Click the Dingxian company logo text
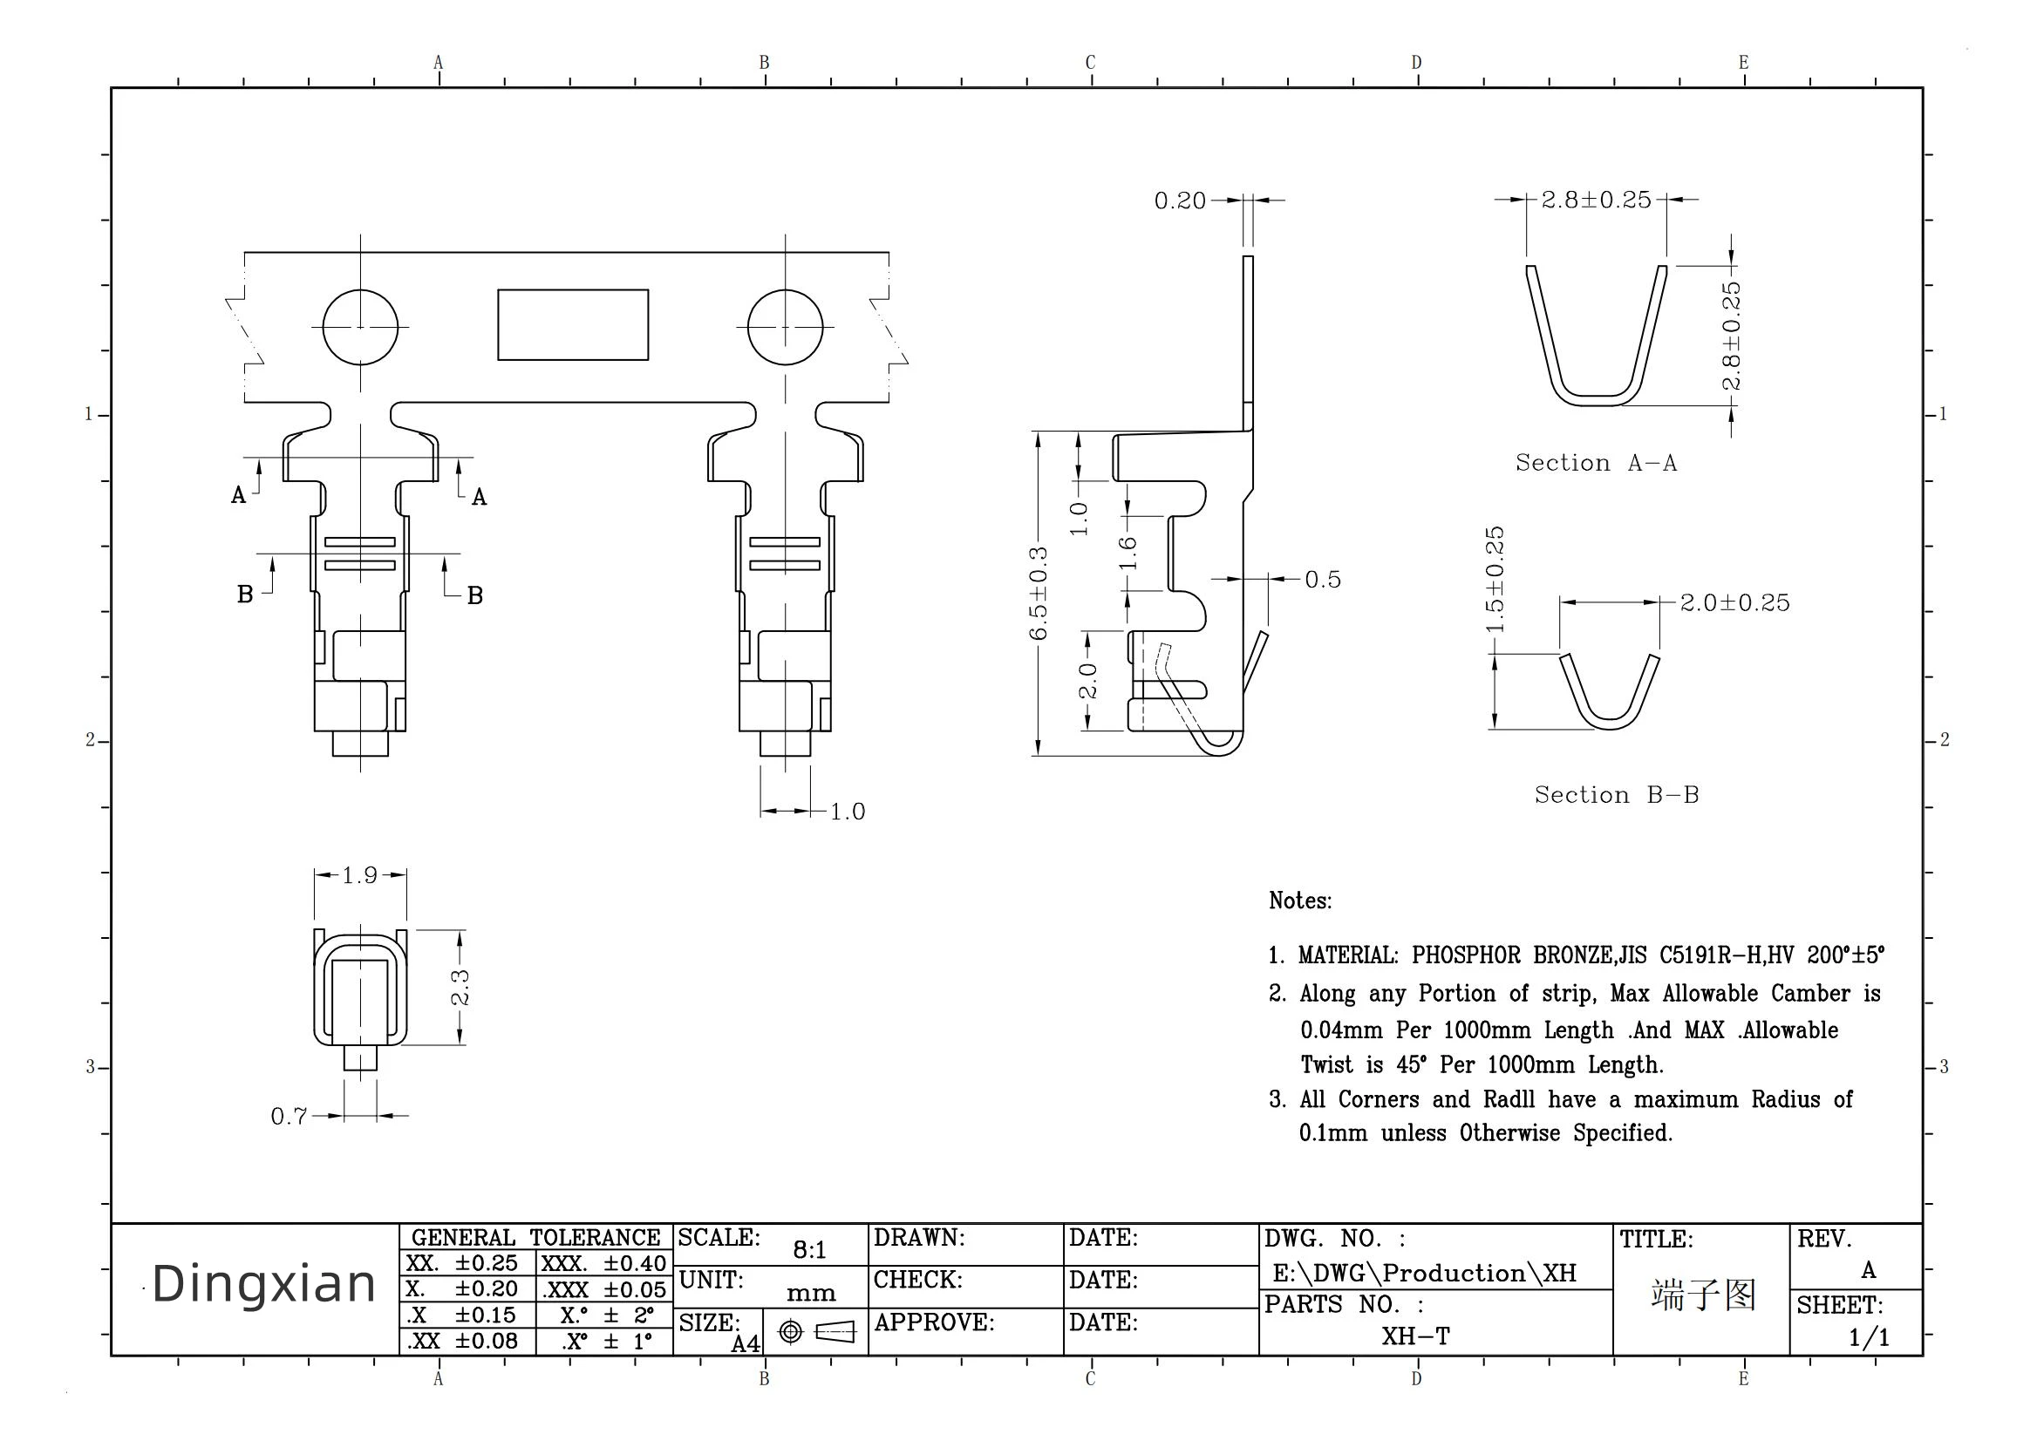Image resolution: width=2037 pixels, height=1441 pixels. (263, 1284)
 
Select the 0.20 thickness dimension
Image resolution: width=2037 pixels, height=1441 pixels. (1180, 201)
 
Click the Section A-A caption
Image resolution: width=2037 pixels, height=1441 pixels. (1596, 462)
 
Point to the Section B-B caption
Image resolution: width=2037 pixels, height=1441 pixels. (1617, 794)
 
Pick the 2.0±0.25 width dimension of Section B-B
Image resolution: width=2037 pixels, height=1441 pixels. (1734, 602)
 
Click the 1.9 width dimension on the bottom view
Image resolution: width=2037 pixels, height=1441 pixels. (360, 875)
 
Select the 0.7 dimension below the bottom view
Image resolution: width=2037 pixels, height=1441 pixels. (289, 1116)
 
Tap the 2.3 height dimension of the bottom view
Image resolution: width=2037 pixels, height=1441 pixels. (460, 987)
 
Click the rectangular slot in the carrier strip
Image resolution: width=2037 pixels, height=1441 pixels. (573, 325)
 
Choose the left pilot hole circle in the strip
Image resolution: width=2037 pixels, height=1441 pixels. (359, 327)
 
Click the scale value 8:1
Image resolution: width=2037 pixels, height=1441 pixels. (808, 1249)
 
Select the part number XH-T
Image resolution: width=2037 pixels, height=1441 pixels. (1414, 1336)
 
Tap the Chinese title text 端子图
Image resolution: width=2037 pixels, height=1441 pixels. (1703, 1295)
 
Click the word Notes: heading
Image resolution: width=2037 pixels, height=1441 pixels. (1299, 901)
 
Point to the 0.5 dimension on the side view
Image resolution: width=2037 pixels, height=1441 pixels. (1323, 580)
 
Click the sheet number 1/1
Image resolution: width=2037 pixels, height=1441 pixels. (1869, 1337)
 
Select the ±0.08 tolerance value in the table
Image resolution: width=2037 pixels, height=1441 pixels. (486, 1341)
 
